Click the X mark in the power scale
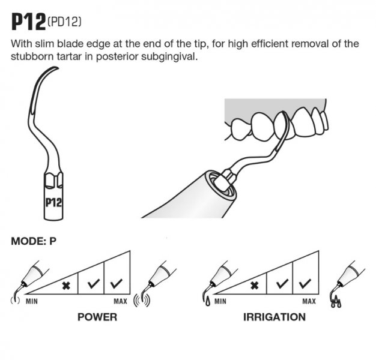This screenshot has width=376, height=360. coord(67,284)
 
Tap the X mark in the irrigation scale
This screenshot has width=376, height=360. coord(255,284)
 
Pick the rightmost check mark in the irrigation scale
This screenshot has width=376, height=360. coord(305,283)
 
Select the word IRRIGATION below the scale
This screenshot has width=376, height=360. coord(274,317)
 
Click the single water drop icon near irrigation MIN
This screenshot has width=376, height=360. coord(207,299)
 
